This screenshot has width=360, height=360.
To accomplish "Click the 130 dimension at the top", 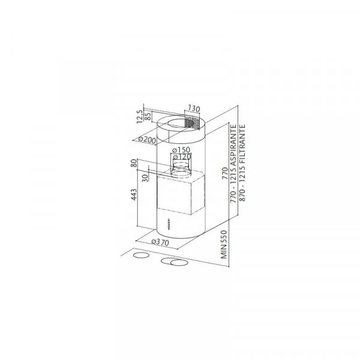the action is pos(194,109).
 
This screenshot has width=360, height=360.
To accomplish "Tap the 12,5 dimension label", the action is pos(140,116).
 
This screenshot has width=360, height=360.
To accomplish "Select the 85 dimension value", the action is pos(148,116).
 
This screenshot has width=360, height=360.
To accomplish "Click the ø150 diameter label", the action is pos(181,150).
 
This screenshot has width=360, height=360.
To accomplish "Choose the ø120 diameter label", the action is pos(182,157).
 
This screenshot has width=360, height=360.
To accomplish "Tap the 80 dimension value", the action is pos(134,163).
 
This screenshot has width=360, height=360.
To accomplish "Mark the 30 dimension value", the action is pos(145,178).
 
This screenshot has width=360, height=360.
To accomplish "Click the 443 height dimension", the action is pos(134,194).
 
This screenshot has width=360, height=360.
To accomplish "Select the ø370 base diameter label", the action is pos(160,242).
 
